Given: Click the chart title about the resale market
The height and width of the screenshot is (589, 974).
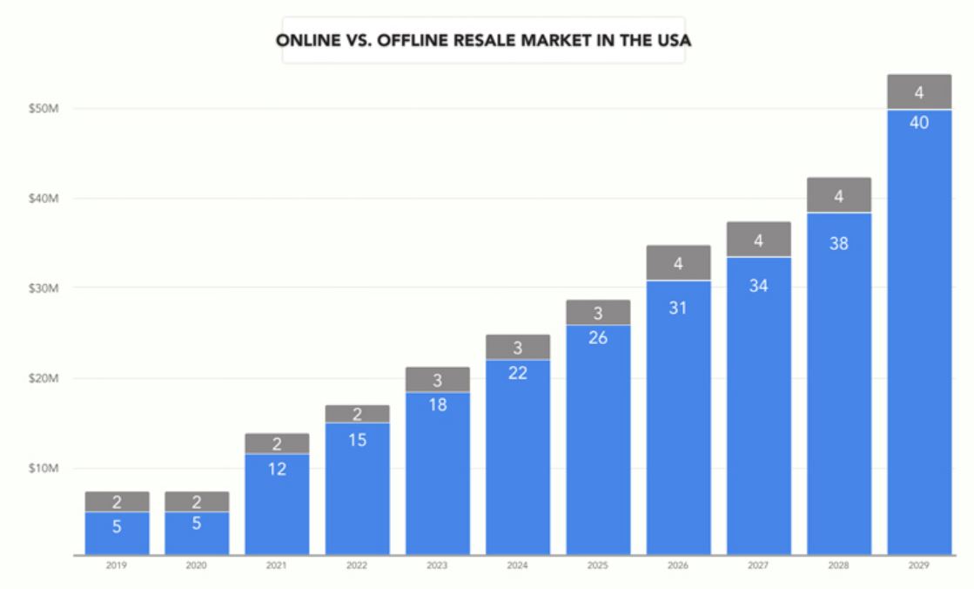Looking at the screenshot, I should pos(483,40).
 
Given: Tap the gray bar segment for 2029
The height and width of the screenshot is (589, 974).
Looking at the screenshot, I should pos(919,91).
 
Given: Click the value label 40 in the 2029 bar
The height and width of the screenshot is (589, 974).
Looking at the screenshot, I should pos(919,123).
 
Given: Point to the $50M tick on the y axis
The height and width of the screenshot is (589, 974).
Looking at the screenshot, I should pos(42,109).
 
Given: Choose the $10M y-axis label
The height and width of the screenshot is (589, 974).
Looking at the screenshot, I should pos(42,469).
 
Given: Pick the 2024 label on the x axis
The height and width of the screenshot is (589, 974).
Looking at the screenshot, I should pos(517,565).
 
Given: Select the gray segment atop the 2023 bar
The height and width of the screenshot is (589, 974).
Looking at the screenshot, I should pos(437,379).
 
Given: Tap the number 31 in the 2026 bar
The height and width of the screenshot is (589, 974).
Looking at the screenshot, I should pos(678,308).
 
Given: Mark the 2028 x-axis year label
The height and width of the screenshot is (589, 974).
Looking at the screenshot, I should pos(838,565).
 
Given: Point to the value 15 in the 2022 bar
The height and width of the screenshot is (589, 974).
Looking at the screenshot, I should pos(357,440).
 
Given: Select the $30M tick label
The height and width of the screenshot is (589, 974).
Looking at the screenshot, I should pos(42,288).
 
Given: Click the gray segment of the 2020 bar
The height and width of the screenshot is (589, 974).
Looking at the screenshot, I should pos(197,501).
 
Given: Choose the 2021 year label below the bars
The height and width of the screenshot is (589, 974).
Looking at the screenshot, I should pos(277,565).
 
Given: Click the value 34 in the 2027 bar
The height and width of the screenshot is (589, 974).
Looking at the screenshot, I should pos(758,285).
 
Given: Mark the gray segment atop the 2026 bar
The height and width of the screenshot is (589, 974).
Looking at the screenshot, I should pos(678,262).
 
